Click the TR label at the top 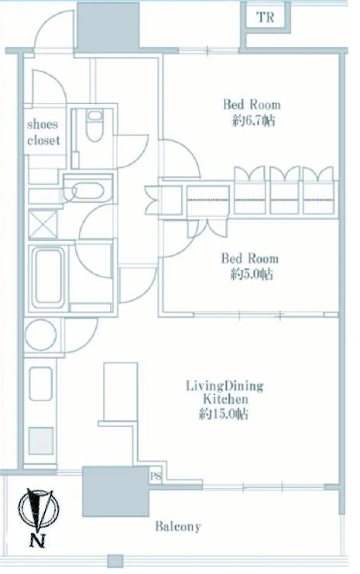tap(266, 17)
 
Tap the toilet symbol tap(94, 125)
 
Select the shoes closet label tap(43, 132)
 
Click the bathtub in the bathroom tap(48, 277)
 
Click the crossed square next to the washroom tap(43, 224)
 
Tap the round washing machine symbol tap(40, 335)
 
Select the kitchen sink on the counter tap(40, 383)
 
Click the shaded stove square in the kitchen tap(41, 441)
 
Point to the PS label tap(156, 476)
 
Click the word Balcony tap(178, 527)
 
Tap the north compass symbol tap(39, 509)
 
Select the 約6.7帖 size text tap(253, 120)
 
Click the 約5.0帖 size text tap(252, 274)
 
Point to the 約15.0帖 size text tap(224, 414)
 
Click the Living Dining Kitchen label tap(225, 392)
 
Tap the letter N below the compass tap(38, 541)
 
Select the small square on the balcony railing tap(115, 561)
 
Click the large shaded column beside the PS tap(115, 491)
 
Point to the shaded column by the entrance tap(108, 26)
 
